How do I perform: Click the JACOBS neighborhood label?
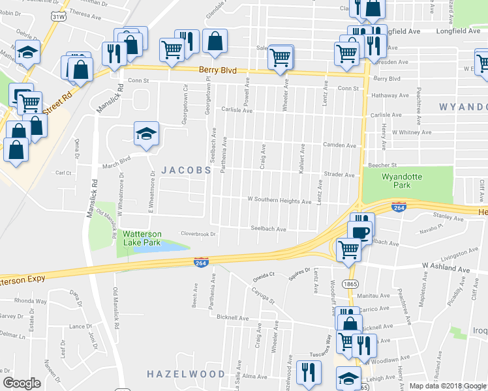[186, 169]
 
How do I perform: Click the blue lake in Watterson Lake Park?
[166, 246]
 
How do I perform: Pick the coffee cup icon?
[359, 231]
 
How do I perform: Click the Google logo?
[22, 383]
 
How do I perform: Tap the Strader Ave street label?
[339, 175]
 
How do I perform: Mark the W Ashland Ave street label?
[446, 267]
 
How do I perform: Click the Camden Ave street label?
[342, 146]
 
